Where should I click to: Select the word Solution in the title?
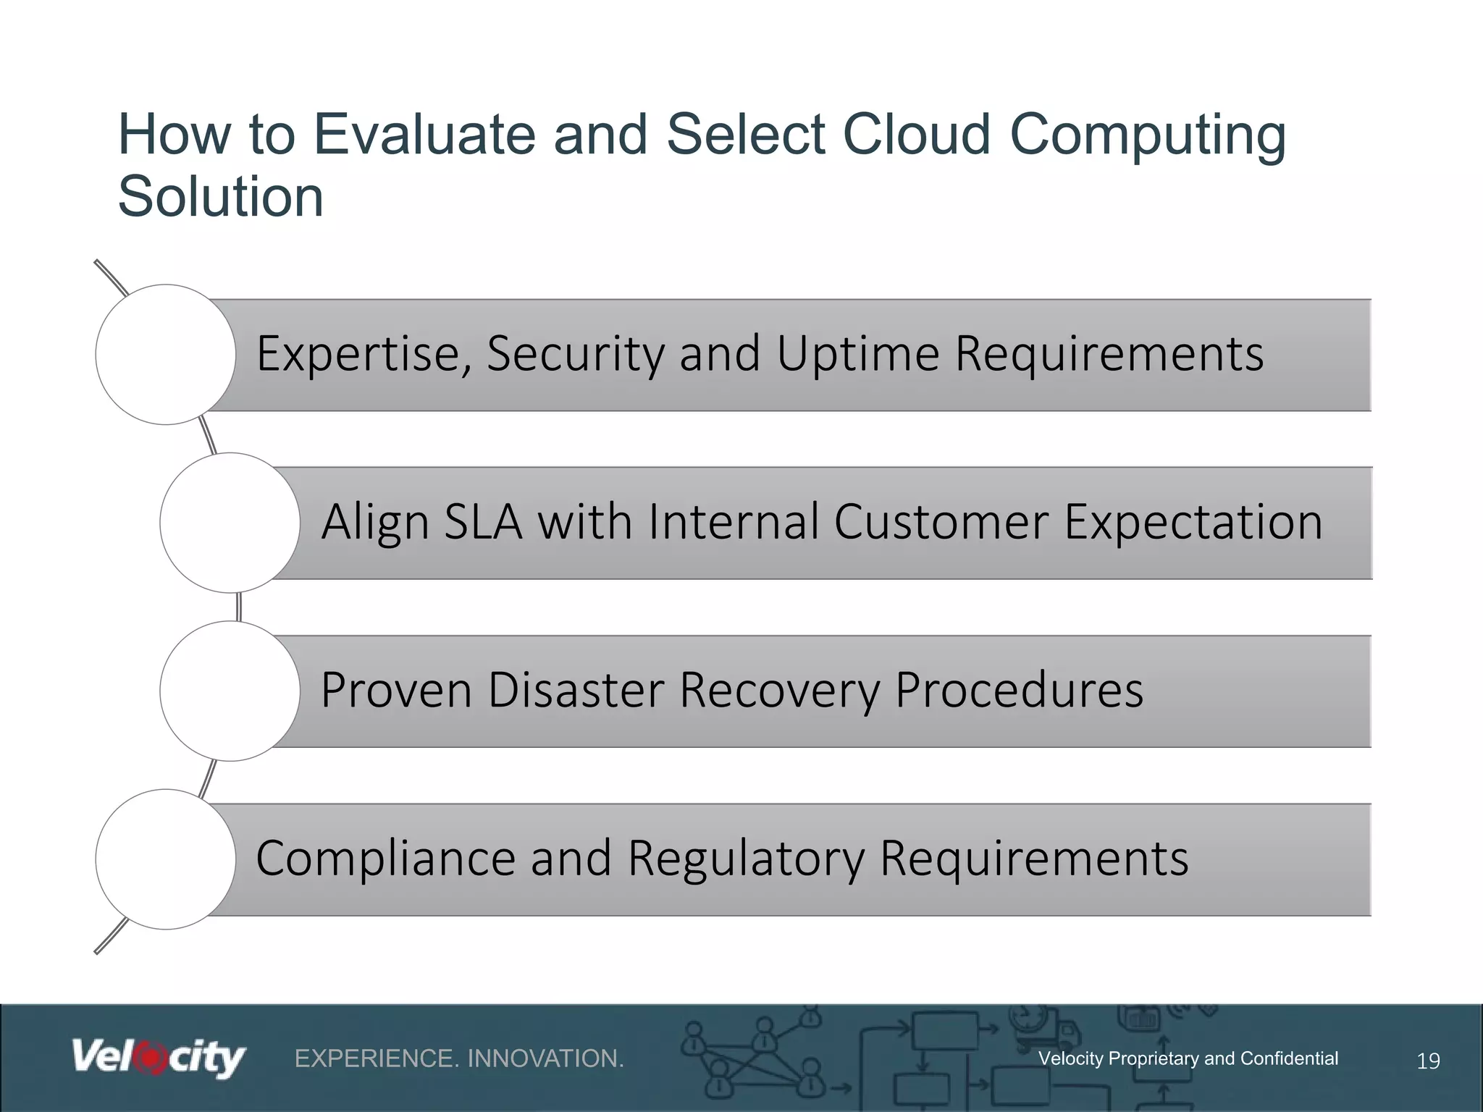click(x=220, y=197)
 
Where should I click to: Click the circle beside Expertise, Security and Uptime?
click(x=166, y=355)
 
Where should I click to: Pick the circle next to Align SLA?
click(x=230, y=523)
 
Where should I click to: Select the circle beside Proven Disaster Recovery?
click(x=230, y=691)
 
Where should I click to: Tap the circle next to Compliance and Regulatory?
click(x=166, y=859)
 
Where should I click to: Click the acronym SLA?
click(x=483, y=522)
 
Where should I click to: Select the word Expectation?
click(x=1193, y=522)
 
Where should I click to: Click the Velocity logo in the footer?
click(x=158, y=1058)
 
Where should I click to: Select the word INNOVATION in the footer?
click(x=545, y=1058)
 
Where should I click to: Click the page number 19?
click(x=1428, y=1061)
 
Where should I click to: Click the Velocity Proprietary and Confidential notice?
click(x=1188, y=1058)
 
